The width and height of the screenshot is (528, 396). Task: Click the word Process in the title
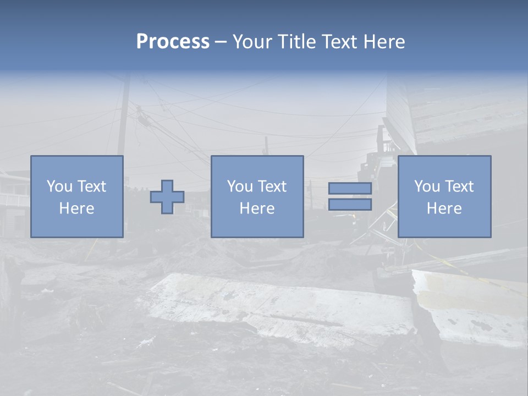coord(173,42)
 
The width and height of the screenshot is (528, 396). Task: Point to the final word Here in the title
coord(385,42)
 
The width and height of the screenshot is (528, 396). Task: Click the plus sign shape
coord(167,197)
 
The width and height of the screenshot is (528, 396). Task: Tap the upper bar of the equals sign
coord(350,188)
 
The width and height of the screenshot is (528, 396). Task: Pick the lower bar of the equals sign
coord(350,204)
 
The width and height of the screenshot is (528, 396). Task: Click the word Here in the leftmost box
coord(76,208)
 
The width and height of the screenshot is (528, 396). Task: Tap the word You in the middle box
coord(240,186)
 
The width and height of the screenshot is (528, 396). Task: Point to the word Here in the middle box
coord(257,208)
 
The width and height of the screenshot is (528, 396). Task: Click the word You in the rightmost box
coord(427,186)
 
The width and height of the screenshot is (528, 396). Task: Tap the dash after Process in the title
coord(221,42)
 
